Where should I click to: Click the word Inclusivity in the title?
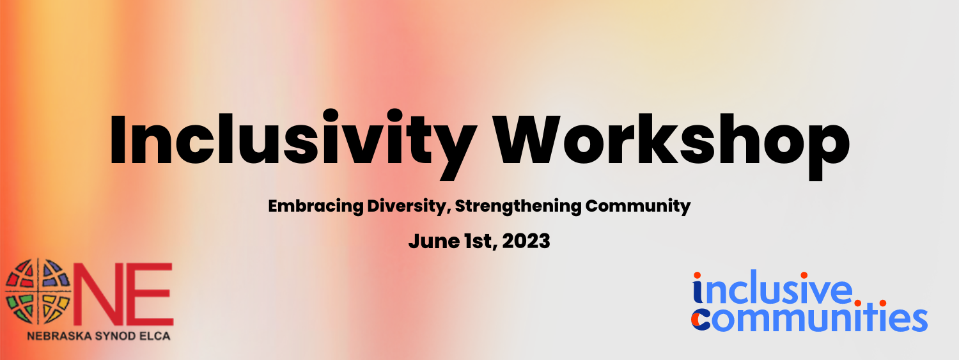[x=293, y=142]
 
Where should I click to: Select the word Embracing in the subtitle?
[x=316, y=207]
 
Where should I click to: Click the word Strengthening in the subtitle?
[x=518, y=207]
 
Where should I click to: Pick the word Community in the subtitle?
[x=638, y=207]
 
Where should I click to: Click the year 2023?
[x=526, y=241]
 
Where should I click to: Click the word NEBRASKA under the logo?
[x=59, y=336]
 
